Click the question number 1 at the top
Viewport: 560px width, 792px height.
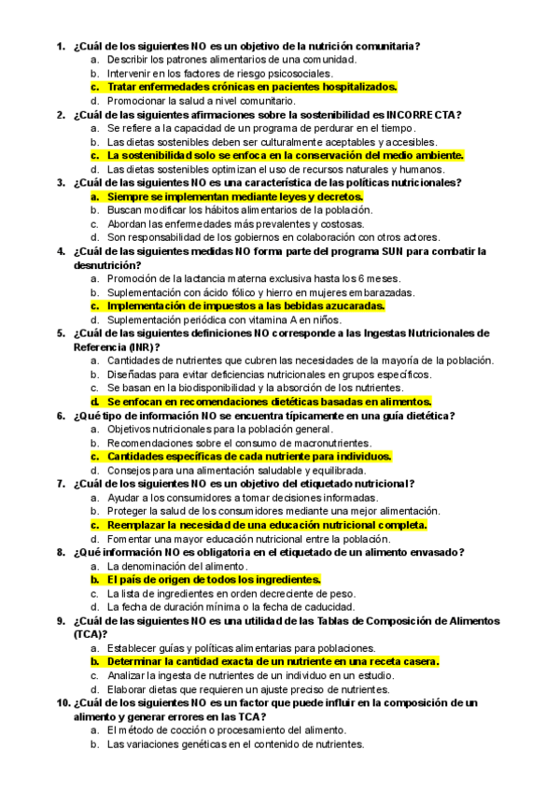61,45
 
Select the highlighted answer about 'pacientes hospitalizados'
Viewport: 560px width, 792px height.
252,86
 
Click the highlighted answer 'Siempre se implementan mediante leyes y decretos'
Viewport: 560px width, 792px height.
235,197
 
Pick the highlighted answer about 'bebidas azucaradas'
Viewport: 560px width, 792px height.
245,305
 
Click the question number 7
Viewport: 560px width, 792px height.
61,484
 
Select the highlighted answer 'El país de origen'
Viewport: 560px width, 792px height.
214,580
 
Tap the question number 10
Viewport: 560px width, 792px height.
63,702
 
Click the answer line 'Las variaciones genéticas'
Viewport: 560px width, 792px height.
235,744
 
